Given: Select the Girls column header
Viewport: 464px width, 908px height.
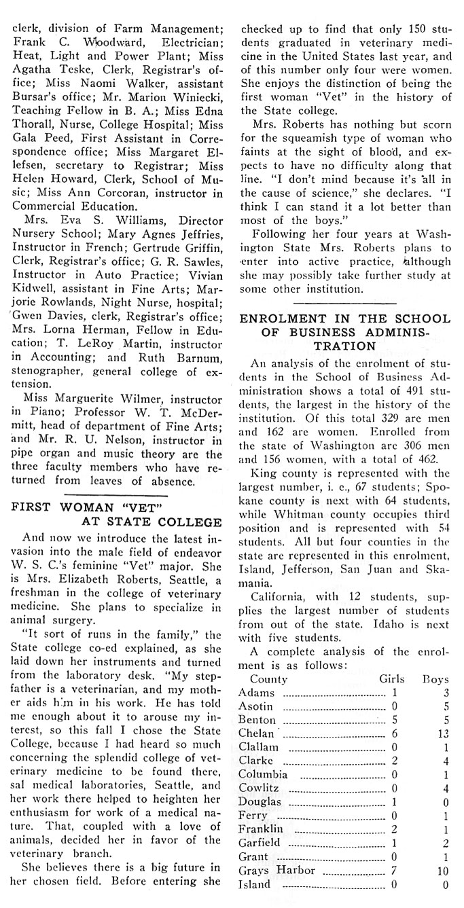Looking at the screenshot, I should point(393,678).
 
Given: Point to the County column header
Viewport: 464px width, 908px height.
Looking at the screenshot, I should point(268,678).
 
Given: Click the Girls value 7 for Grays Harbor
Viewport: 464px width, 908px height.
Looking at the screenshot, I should point(394,870).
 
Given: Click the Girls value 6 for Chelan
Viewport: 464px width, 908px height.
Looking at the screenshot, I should point(394,733).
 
